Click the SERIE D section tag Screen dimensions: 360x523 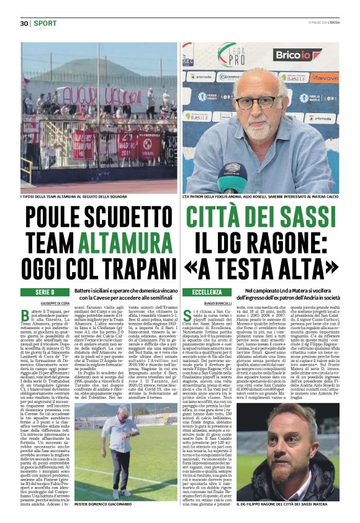coord(45,291)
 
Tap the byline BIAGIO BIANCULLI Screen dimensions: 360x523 coord(221,302)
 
